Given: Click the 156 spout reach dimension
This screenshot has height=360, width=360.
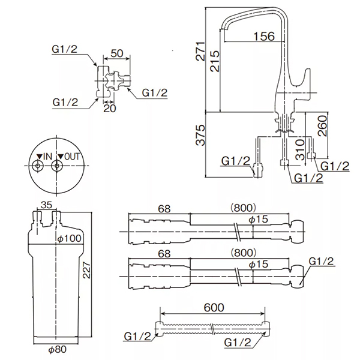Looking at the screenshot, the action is [x=264, y=36].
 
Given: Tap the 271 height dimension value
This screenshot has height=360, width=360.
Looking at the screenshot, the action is [x=200, y=51].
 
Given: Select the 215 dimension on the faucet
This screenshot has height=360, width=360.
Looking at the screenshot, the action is [x=215, y=61].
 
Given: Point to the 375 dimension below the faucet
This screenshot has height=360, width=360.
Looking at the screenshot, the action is [x=200, y=135].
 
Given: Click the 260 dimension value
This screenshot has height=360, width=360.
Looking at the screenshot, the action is [x=322, y=125].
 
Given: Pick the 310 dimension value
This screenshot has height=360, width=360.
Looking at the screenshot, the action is [x=300, y=149].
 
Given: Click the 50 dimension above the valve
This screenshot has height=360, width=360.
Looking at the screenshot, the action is [x=117, y=53].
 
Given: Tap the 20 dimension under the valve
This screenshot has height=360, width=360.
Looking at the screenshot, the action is [x=110, y=109].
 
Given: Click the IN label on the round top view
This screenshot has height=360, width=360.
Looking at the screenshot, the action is [x=45, y=157].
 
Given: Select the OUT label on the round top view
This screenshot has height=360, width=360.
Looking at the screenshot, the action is [x=68, y=157].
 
